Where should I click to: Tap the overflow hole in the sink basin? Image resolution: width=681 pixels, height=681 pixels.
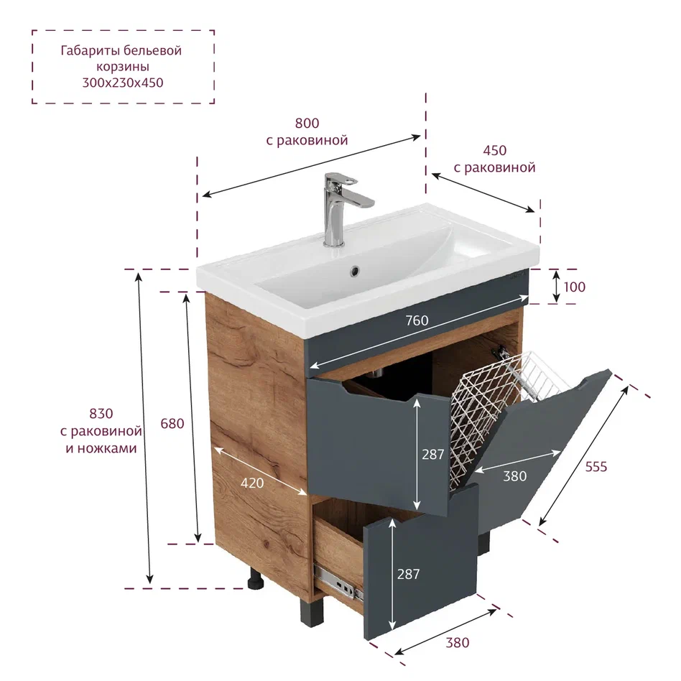[356, 271]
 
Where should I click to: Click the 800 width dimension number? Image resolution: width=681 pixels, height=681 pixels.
[307, 124]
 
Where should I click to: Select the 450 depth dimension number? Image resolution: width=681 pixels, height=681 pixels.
[495, 151]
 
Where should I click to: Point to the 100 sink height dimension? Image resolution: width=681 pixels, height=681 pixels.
[574, 287]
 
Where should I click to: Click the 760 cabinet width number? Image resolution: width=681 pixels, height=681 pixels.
[417, 320]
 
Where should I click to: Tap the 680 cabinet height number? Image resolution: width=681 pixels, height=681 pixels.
[172, 423]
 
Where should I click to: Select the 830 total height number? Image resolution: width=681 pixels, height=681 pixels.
[101, 414]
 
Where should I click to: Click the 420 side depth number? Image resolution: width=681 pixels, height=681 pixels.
[252, 483]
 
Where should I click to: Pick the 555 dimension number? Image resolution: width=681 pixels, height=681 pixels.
[596, 467]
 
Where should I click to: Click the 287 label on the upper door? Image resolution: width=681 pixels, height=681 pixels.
[433, 455]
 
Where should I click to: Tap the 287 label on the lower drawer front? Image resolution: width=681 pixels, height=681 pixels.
[408, 574]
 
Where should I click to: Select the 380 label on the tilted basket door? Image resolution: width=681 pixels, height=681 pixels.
[514, 476]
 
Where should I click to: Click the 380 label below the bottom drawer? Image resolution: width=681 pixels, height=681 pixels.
[458, 643]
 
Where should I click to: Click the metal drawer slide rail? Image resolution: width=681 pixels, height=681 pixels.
[338, 581]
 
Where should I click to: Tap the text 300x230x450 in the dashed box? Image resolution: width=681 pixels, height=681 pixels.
[123, 83]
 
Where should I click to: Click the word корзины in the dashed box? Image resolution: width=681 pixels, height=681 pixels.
[123, 67]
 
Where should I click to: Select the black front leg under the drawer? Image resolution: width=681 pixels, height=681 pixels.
[310, 612]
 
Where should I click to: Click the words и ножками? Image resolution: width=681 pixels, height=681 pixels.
[101, 448]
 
